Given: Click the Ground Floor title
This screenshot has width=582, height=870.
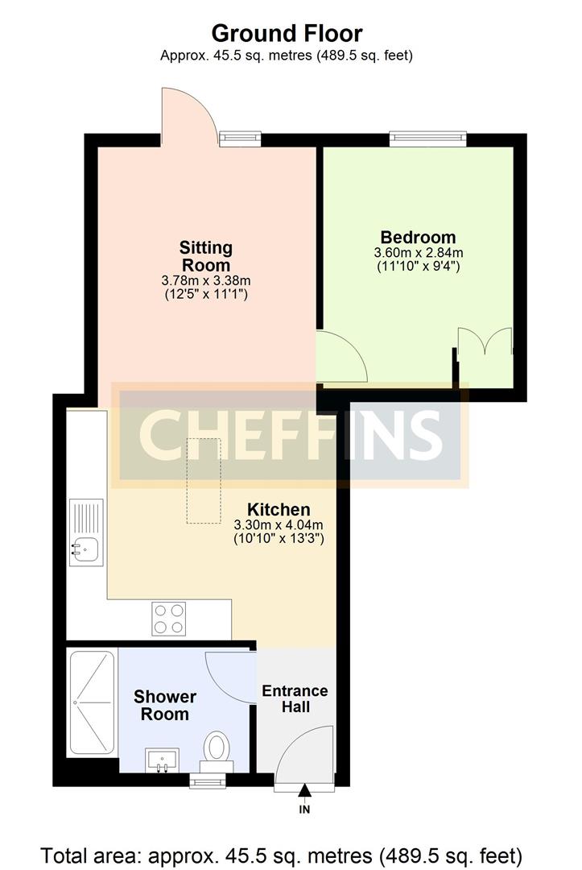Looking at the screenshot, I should (287, 34).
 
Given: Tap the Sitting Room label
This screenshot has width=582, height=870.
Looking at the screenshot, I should (206, 256).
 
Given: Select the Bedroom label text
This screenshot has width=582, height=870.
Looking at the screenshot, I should (418, 238).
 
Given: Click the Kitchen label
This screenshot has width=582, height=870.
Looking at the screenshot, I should (279, 510).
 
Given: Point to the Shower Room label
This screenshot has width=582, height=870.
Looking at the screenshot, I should (165, 705).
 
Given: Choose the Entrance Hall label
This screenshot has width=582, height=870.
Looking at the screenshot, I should (295, 698).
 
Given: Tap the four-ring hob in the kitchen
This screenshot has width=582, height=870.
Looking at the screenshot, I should (170, 618).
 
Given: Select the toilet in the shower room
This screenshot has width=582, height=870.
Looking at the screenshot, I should (216, 748).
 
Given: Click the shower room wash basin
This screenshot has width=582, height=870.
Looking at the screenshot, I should (163, 759).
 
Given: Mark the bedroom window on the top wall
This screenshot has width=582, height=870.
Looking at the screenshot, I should (428, 139).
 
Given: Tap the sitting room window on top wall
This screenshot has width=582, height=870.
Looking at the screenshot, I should (241, 139).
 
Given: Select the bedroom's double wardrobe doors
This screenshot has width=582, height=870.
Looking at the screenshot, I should (485, 342).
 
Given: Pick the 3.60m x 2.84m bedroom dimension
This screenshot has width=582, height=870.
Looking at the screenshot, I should (418, 253).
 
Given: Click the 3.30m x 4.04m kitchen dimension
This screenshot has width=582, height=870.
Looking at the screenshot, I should (279, 525).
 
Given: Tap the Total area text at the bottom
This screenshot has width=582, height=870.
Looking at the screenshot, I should (282, 854).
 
